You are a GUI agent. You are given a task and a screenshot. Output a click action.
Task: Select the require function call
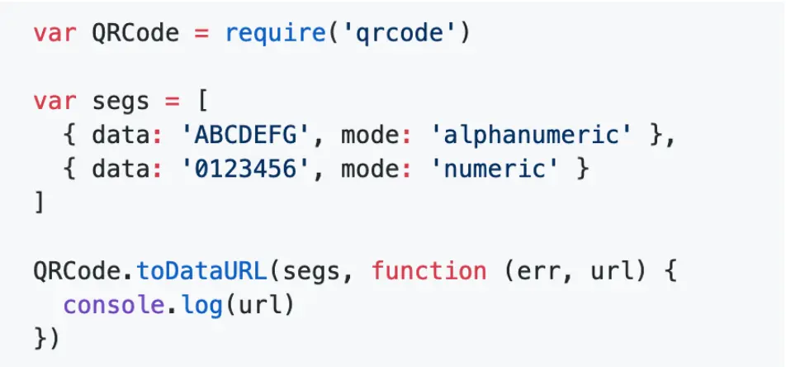point(275,35)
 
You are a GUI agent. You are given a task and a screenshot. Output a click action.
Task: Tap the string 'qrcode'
point(398,35)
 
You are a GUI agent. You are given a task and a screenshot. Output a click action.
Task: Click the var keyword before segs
point(54,102)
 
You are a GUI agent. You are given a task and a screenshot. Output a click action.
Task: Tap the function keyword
point(429,271)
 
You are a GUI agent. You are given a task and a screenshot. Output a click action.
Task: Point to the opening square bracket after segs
point(202,102)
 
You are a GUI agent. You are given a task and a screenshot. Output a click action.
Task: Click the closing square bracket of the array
point(39,203)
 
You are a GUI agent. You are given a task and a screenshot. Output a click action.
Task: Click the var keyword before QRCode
point(54,35)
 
